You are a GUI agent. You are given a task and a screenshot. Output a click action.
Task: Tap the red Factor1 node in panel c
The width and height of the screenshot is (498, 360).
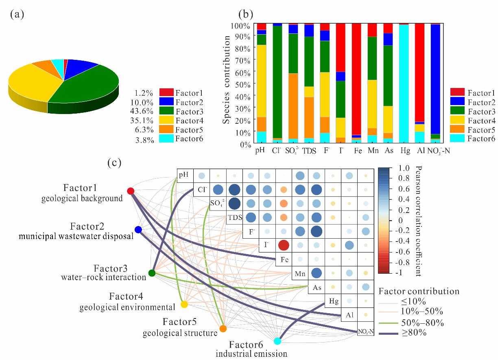tap(131, 191)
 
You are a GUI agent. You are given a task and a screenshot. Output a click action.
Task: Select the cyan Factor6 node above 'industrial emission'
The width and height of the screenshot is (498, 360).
tap(277, 341)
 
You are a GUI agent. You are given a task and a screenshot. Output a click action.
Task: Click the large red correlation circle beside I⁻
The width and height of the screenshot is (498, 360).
tap(284, 245)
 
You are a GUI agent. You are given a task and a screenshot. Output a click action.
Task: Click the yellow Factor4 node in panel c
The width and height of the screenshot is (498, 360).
tap(184, 304)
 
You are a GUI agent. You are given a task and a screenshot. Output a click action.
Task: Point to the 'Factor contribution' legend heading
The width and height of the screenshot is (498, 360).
tap(419, 291)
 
